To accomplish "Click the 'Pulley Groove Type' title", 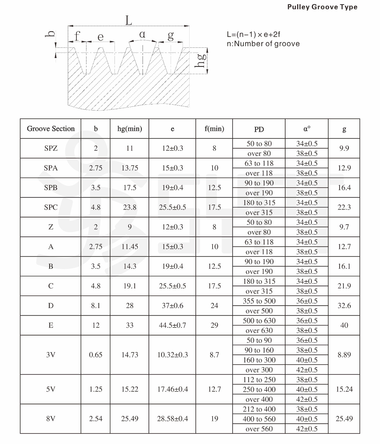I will click(x=322, y=7).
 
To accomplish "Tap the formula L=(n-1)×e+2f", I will click(x=253, y=35).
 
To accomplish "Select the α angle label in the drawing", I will click(x=142, y=34).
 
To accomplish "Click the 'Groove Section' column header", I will click(x=51, y=129).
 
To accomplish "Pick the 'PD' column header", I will click(x=259, y=129).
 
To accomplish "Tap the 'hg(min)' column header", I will click(x=130, y=129).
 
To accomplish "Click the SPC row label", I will click(x=51, y=207).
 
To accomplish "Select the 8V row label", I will click(x=51, y=419).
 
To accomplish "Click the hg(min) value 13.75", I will click(x=130, y=168).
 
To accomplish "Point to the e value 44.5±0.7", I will click(x=172, y=325).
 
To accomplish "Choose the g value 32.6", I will click(x=344, y=306).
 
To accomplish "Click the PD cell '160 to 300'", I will click(x=259, y=360).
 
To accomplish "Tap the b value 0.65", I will click(x=96, y=355).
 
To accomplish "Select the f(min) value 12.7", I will click(x=214, y=389).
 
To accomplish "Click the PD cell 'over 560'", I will click(x=259, y=429).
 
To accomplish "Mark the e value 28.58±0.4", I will click(x=172, y=419).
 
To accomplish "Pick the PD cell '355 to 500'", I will click(x=259, y=301).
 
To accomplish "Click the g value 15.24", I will click(x=344, y=389).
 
